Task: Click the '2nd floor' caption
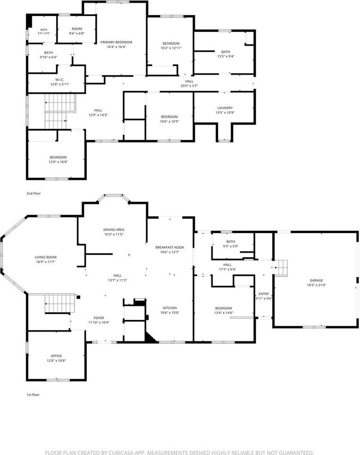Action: (x=34, y=193)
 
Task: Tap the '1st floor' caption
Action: (x=33, y=395)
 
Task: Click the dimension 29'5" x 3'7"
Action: (x=189, y=86)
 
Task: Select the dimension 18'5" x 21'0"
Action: (x=316, y=285)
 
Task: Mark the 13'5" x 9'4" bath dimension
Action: (x=226, y=56)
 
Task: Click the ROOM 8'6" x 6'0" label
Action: (x=77, y=31)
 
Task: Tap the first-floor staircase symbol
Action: (x=60, y=304)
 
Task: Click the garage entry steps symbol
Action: (x=281, y=268)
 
